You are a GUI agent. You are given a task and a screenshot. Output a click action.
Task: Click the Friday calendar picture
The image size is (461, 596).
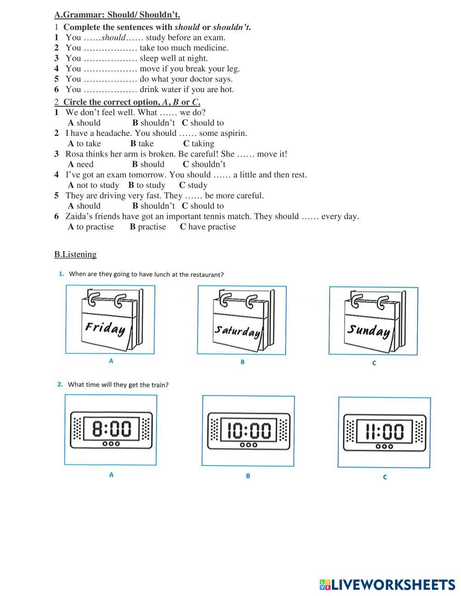[x=110, y=320]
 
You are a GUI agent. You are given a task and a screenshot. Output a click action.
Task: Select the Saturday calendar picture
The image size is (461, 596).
[x=242, y=320]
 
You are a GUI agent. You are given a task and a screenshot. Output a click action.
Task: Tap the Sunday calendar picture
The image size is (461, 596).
[x=373, y=321]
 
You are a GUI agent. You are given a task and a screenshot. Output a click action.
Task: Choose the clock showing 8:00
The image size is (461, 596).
[x=111, y=430]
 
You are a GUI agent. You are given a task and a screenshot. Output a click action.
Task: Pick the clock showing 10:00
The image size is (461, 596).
[x=248, y=431]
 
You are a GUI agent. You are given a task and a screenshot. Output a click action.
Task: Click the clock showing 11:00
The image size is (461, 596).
[x=384, y=432]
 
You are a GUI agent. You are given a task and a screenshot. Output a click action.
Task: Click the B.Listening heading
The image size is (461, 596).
[x=75, y=254]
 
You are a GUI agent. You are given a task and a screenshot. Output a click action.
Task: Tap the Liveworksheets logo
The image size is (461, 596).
[x=387, y=585]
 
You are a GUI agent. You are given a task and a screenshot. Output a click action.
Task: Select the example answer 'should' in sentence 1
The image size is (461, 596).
[x=113, y=38]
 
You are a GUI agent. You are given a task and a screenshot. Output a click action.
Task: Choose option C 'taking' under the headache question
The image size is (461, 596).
[x=199, y=144]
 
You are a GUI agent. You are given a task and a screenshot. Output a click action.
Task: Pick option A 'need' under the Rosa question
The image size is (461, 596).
[x=81, y=164]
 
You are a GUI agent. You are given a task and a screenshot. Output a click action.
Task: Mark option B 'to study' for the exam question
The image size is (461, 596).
[x=147, y=185]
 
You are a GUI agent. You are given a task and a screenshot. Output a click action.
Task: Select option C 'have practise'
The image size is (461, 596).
[x=208, y=227]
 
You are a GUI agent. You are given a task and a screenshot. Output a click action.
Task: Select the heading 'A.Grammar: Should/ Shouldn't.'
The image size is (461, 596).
[x=117, y=15]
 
